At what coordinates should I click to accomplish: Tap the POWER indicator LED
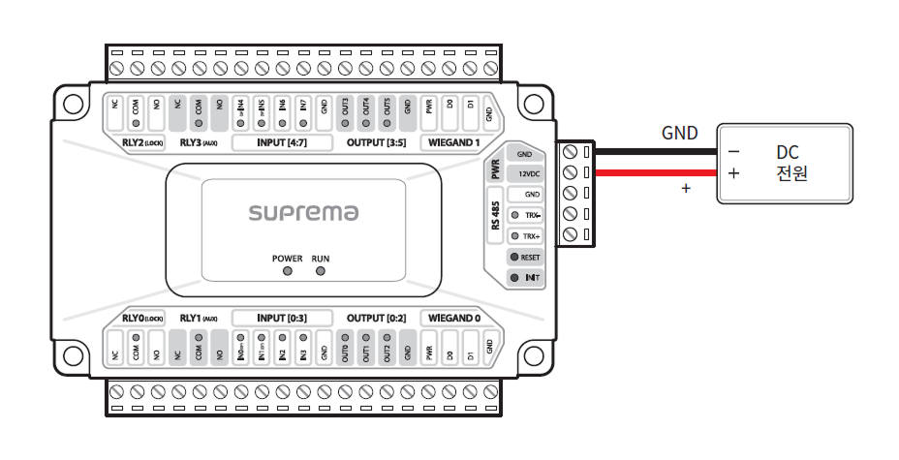click(x=288, y=271)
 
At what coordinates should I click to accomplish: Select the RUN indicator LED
click(x=321, y=271)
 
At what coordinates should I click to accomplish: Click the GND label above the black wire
click(x=679, y=134)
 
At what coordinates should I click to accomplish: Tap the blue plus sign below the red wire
click(x=686, y=190)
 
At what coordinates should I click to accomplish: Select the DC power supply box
click(x=784, y=163)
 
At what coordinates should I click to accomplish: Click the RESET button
click(x=525, y=258)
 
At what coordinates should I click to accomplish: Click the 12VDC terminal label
click(x=525, y=173)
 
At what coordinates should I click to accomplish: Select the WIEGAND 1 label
click(x=450, y=143)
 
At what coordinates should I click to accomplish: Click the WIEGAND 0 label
click(x=450, y=318)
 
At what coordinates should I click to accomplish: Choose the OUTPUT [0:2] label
click(x=375, y=318)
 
